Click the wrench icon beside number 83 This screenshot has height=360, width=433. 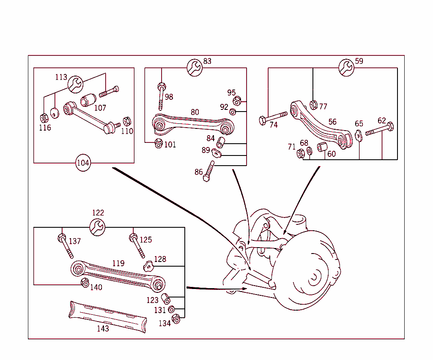(x=195, y=68)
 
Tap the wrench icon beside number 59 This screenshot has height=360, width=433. (x=346, y=68)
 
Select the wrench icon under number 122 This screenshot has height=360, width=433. (x=98, y=227)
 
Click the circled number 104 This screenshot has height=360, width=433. (x=83, y=163)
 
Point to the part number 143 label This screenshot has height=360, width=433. (x=103, y=328)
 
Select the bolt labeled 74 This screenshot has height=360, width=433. (x=273, y=117)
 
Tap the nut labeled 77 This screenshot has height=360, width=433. (x=313, y=105)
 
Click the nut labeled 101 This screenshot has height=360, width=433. (x=159, y=143)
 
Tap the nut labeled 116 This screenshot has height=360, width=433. (x=44, y=118)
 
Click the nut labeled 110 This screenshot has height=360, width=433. (x=126, y=122)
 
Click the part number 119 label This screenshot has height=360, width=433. (x=118, y=263)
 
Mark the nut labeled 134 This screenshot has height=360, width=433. (x=176, y=319)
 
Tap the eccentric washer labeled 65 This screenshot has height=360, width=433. (x=358, y=136)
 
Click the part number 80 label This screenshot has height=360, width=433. (x=195, y=112)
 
